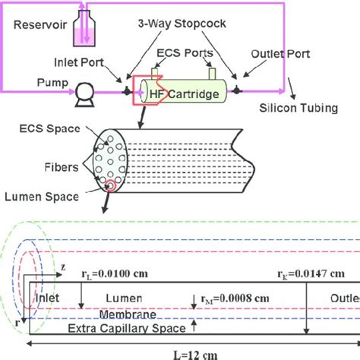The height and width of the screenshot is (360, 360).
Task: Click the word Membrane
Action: pos(129,315)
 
